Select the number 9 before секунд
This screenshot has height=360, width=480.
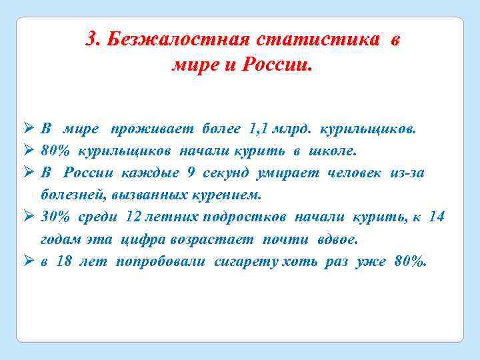[191, 173]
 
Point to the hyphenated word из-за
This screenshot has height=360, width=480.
[406, 173]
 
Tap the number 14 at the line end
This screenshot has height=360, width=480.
[436, 217]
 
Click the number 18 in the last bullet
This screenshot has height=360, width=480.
[65, 262]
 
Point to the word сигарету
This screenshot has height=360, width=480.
[244, 262]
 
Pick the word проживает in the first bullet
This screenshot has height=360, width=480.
[142, 128]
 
